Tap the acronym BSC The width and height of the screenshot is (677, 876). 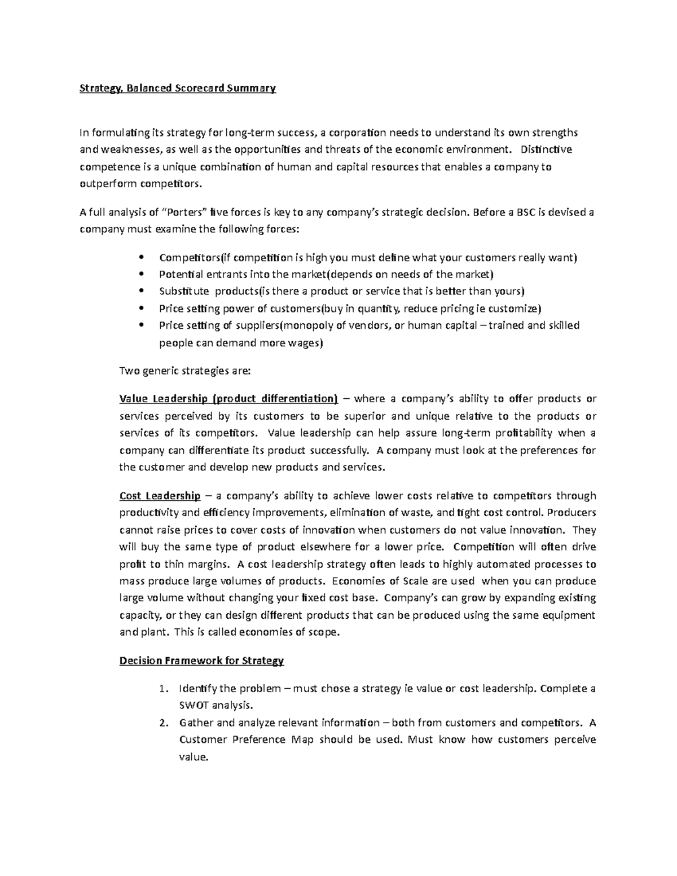(526, 212)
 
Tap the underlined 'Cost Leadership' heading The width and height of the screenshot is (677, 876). (160, 496)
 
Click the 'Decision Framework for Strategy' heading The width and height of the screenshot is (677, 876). (201, 661)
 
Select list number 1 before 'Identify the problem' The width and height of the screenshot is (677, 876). (163, 689)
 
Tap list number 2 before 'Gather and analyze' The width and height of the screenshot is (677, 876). (163, 723)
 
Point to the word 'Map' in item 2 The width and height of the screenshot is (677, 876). (302, 739)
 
